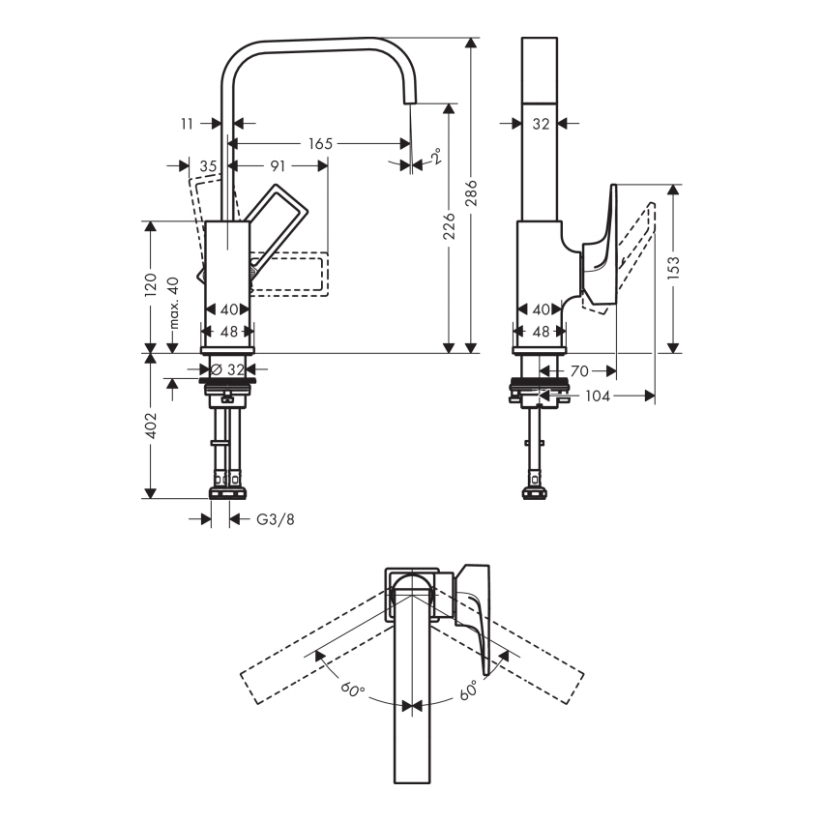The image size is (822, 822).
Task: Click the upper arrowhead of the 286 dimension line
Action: [x=471, y=39]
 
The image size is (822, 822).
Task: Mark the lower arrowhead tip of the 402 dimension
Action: [x=151, y=498]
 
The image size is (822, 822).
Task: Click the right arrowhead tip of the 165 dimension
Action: [x=411, y=143]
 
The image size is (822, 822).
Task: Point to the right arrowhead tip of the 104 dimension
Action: [x=655, y=396]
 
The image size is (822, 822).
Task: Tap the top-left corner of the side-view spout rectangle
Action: [x=522, y=38]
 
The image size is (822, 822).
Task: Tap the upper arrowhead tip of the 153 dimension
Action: [x=674, y=185]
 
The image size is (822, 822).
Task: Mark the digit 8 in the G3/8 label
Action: [x=290, y=519]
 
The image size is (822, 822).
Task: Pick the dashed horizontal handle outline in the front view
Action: [x=289, y=275]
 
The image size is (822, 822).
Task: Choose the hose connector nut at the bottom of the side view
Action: [x=535, y=493]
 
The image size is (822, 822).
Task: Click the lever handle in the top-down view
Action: [x=475, y=618]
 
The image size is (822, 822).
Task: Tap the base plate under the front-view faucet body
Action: [x=227, y=350]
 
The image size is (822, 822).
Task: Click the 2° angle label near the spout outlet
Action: [x=436, y=157]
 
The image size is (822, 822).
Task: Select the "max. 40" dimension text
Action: [x=174, y=303]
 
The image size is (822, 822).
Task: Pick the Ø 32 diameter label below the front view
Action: [x=227, y=369]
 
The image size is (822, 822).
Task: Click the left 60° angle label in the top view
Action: [x=353, y=689]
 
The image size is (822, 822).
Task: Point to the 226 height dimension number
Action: [x=450, y=225]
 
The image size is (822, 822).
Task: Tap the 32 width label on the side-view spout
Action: [x=541, y=124]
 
